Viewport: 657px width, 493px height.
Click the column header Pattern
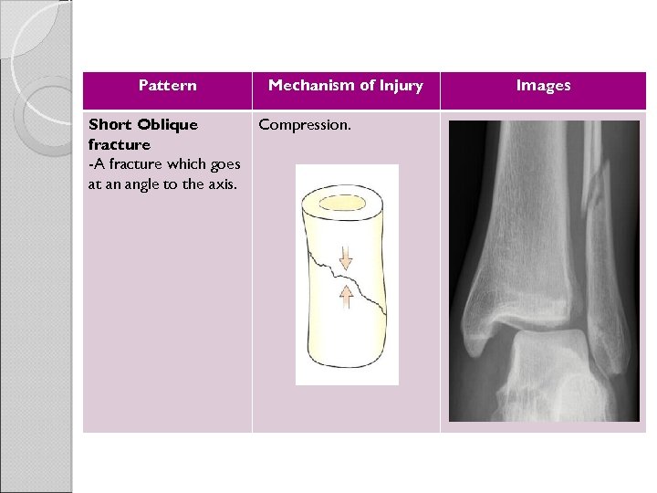(x=167, y=86)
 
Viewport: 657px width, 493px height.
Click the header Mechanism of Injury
(x=345, y=86)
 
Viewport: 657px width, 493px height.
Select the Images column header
(x=543, y=86)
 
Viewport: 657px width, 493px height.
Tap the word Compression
(x=305, y=124)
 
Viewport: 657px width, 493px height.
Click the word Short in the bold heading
(x=108, y=124)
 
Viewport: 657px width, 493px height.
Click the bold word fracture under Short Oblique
(x=120, y=144)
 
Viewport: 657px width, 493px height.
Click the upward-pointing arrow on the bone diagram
(x=346, y=296)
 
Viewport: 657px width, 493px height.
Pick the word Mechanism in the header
(x=309, y=86)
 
